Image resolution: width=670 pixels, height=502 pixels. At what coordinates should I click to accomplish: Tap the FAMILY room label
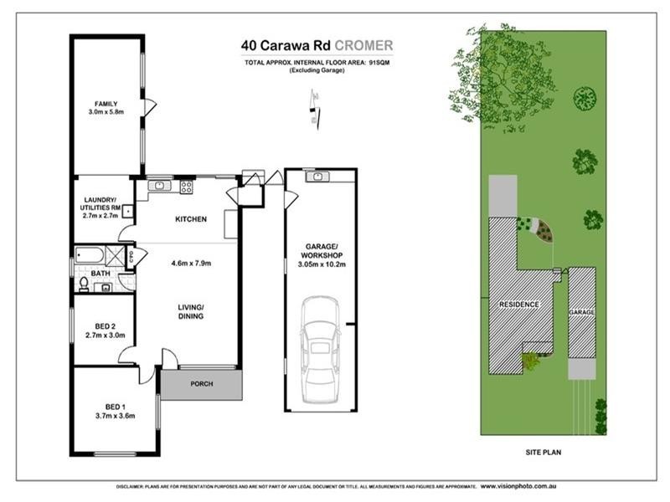point(106,103)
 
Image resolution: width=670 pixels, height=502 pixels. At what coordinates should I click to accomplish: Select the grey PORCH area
point(202,384)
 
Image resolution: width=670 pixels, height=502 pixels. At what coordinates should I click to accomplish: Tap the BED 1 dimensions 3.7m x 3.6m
point(116,415)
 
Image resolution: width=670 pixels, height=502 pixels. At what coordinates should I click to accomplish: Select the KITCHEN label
point(190,219)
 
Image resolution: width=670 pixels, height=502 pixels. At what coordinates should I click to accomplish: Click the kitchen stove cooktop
point(186,187)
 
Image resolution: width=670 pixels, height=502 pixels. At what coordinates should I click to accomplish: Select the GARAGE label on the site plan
point(582,311)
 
